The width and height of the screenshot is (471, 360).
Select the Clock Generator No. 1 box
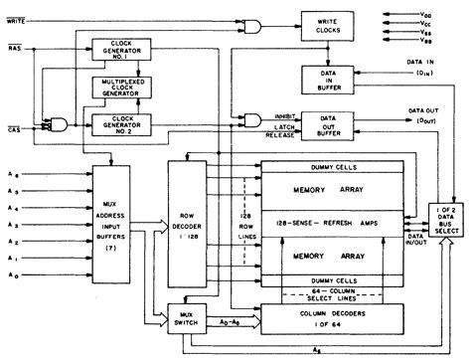pyautogui.click(x=118, y=51)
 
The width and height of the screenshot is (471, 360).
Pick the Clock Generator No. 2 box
pyautogui.click(x=118, y=126)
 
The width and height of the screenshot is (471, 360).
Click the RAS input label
pyautogui.click(x=18, y=48)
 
